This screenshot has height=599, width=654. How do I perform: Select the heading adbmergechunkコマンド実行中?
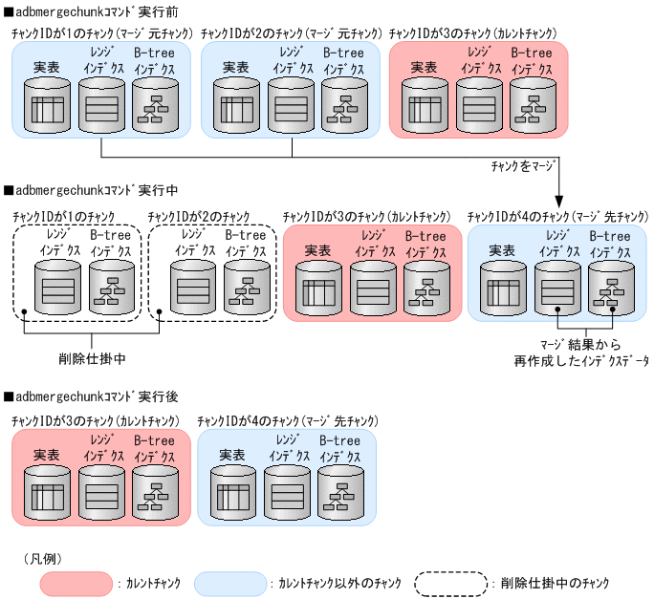(x=86, y=190)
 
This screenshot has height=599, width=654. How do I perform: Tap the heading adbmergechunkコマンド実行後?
(x=86, y=395)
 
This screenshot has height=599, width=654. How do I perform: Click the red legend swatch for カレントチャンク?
(x=76, y=582)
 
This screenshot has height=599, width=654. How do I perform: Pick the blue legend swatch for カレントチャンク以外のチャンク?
(x=229, y=582)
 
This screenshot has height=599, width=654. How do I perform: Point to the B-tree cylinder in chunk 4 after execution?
(x=340, y=493)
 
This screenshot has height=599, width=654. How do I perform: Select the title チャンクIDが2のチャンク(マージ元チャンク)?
(x=291, y=33)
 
